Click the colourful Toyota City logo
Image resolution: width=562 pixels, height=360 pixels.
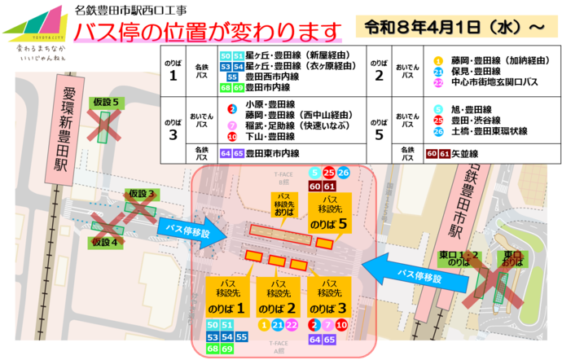tap(35, 24)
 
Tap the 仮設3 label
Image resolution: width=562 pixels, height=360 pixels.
tap(140, 193)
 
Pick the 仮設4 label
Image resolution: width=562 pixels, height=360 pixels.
tap(105, 242)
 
